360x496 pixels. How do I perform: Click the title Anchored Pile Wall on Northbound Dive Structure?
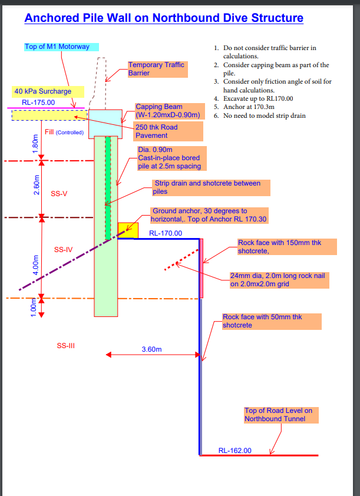pos(164,18)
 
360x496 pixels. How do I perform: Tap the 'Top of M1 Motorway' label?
pos(61,47)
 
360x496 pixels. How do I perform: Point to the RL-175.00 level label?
pos(38,102)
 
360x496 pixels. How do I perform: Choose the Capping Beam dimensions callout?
pos(168,111)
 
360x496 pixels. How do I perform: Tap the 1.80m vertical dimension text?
pos(36,143)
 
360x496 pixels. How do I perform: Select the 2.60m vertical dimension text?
pos(36,188)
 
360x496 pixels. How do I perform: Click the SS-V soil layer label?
pos(59,193)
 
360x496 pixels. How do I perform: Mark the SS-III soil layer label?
pos(65,346)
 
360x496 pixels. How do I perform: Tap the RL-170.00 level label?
pos(166,233)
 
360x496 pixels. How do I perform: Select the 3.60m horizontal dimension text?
pos(151,349)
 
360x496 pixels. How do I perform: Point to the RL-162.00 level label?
pos(235,451)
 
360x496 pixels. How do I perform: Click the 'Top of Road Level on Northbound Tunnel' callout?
pos(282,415)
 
